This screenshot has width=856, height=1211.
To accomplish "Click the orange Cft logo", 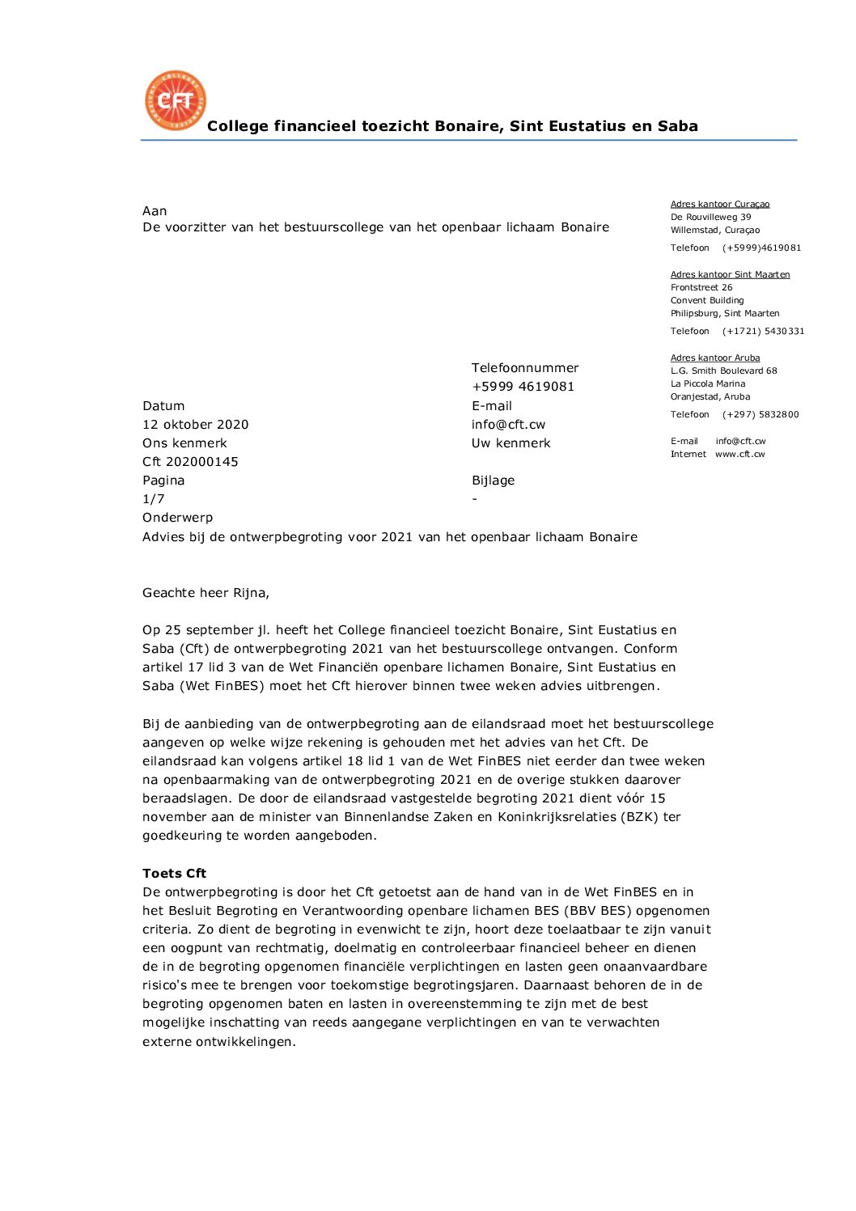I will pos(176,101).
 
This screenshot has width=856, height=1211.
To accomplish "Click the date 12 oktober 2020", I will pos(196,425).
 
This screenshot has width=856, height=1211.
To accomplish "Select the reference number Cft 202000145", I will pos(190,462).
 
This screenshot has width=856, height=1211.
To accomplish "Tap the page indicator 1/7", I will pos(154,499).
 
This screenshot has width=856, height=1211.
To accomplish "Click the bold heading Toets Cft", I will pos(174,874).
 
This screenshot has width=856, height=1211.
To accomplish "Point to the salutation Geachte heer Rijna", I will pos(206,593).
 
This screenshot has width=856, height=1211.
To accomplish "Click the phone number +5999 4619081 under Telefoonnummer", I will pos(523,387).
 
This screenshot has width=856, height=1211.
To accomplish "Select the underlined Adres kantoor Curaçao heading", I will pos(719,205).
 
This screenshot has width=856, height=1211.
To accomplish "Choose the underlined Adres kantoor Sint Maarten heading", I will pos(730,275).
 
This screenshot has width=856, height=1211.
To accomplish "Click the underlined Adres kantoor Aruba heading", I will pos(714,358).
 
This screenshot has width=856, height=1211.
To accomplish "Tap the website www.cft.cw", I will pos(739,455).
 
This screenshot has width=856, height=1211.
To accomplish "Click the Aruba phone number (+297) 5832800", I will pos(761,415).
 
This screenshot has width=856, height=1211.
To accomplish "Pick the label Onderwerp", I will pos(177,518).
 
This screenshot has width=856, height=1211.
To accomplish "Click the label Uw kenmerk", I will pos(511,443).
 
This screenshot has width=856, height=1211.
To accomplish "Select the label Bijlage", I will pos(493,481).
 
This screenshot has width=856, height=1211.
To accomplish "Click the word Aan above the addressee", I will pos(155,211).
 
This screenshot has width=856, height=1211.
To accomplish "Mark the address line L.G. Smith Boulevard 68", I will pos(723,371).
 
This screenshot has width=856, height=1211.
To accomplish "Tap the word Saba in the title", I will pos(677,126).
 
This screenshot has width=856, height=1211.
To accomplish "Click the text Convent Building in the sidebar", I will pos(706,301).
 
